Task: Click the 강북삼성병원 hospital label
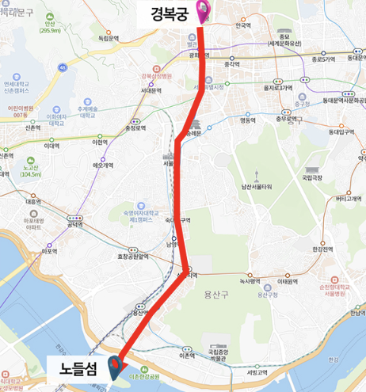pyautogui.click(x=155, y=77)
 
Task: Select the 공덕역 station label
pyautogui.click(x=76, y=225)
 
